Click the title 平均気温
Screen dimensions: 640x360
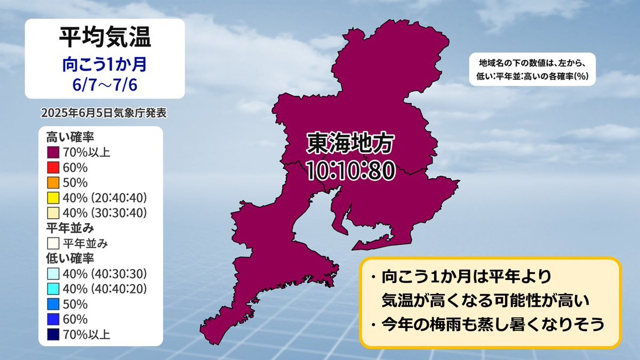click(105, 37)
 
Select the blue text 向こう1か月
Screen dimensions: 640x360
click(105, 65)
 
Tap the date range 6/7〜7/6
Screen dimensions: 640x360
click(105, 85)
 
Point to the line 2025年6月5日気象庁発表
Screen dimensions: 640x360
click(103, 113)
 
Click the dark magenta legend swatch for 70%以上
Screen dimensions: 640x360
click(53, 153)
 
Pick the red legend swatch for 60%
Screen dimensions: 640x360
click(53, 167)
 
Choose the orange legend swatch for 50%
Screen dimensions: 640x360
click(53, 182)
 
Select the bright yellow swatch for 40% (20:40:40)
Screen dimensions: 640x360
click(53, 198)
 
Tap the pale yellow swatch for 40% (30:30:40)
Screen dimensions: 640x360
click(53, 213)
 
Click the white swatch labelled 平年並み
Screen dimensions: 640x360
click(53, 243)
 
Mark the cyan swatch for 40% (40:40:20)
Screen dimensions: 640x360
click(53, 289)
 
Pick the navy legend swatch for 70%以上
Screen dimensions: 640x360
click(53, 334)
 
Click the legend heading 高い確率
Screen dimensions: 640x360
click(70, 137)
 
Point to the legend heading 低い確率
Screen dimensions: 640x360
click(70, 259)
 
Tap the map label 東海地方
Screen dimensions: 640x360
click(350, 143)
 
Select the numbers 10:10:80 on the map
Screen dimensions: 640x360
click(351, 171)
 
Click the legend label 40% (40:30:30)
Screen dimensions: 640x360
click(105, 274)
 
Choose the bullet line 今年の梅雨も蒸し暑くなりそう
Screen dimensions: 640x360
click(487, 325)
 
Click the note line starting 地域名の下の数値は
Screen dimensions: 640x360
click(533, 63)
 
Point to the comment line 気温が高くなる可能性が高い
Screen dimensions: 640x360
click(485, 300)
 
